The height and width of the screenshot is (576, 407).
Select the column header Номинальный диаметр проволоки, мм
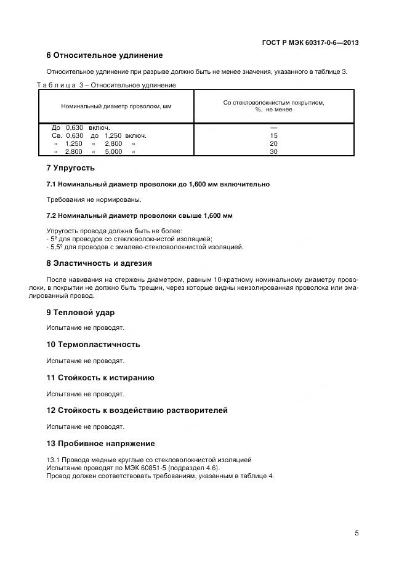[116, 106]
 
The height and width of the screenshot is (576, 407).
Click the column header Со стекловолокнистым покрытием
[273, 106]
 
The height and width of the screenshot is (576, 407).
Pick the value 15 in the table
[274, 135]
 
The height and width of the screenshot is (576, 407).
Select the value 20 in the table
[274, 143]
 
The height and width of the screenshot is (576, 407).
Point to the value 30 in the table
[274, 151]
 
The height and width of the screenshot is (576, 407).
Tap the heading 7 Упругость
[71, 168]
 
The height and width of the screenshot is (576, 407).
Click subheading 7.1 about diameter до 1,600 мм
[158, 184]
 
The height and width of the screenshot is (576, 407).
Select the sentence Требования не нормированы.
[94, 199]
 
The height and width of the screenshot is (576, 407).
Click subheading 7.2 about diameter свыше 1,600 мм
[139, 215]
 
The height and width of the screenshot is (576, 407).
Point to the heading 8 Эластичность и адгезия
[99, 263]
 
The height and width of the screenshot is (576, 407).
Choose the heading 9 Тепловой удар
[81, 312]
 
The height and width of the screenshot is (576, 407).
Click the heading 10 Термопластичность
[94, 345]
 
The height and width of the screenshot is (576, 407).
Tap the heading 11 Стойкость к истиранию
[100, 378]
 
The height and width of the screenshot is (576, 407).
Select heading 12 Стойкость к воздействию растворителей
[137, 410]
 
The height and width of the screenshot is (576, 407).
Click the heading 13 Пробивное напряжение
[100, 444]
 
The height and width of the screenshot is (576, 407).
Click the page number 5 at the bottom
[357, 533]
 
